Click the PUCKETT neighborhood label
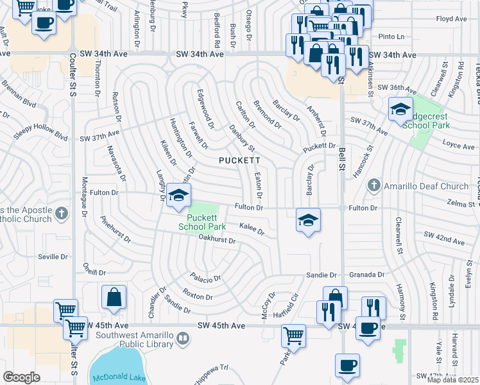pos(239,160)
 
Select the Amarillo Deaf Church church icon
pos(374,186)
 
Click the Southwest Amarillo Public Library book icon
pos(183,337)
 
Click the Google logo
pos(21,377)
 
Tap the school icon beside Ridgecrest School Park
pos(400,110)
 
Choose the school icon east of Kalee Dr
pos(308,220)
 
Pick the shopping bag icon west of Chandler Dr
pos(114,297)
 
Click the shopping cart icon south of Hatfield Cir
pos(293,335)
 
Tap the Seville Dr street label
pos(53,257)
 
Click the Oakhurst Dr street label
pos(218,241)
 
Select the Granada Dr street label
pos(367,274)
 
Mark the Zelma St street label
pos(465,203)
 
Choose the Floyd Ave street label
pos(451,19)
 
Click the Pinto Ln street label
pos(395,37)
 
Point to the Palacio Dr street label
pos(205,278)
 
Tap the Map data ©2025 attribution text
pos(452,380)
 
